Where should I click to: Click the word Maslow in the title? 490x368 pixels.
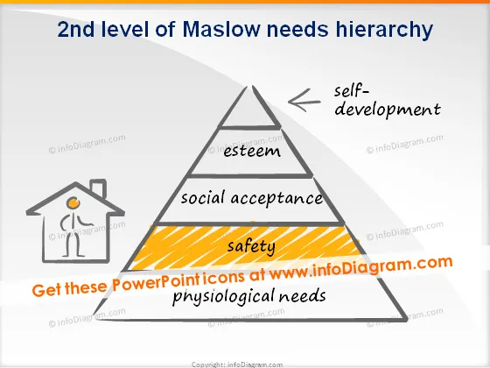[x=220, y=29]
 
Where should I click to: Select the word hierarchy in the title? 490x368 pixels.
[x=384, y=31]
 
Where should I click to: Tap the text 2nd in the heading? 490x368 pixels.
[x=75, y=29]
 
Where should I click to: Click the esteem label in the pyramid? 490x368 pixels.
[x=252, y=151]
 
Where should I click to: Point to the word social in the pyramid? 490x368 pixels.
[x=203, y=198]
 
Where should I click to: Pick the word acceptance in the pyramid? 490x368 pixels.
[x=276, y=199]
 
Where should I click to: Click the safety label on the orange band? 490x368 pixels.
[x=251, y=246]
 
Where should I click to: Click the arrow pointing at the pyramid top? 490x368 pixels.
[x=304, y=101]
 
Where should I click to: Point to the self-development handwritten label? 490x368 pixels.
[x=387, y=102]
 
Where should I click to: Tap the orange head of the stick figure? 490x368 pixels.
[x=73, y=202]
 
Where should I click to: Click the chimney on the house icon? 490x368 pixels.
[x=99, y=188]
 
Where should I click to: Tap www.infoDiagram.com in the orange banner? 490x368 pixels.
[x=360, y=267]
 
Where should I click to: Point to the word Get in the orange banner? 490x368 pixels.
[x=47, y=290]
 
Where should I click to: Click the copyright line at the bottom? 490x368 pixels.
[x=237, y=364]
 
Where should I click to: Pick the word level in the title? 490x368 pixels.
[x=124, y=29]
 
